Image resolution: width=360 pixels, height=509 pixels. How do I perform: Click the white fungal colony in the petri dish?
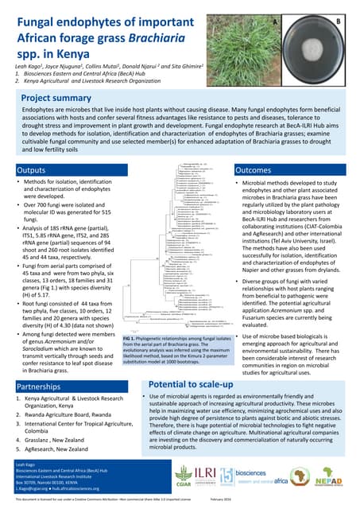click(x=314, y=49)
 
